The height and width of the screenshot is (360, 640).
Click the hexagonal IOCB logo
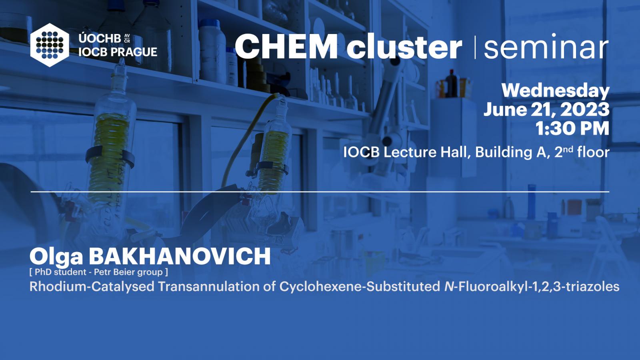50,45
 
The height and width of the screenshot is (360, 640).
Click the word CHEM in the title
286,46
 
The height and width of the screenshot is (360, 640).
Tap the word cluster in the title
404,46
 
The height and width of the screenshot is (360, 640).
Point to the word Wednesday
556,91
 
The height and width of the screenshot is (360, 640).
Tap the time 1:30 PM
572,128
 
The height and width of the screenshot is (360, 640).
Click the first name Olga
56,256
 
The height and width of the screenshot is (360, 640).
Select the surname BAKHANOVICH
180,256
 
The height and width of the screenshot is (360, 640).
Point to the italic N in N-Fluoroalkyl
449,286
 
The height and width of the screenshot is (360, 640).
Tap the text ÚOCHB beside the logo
100,38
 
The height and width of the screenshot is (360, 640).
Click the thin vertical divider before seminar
475,47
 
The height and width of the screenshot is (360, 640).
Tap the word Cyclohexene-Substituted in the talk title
360,286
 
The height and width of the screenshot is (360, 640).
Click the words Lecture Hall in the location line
427,152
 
